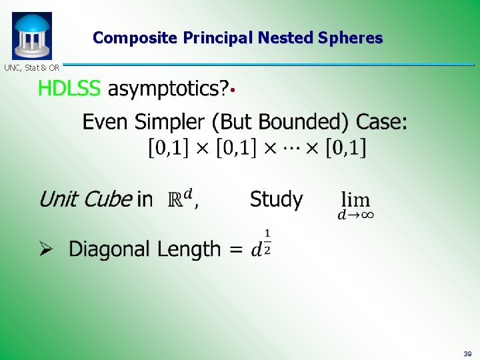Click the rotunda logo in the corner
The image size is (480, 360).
31,36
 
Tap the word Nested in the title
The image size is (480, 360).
293,38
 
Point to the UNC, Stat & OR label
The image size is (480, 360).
31,67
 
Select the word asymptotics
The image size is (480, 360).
167,89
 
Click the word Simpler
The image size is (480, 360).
169,122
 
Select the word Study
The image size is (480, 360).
276,199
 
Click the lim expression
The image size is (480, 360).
356,204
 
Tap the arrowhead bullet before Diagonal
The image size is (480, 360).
45,249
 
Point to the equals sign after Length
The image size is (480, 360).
235,250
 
